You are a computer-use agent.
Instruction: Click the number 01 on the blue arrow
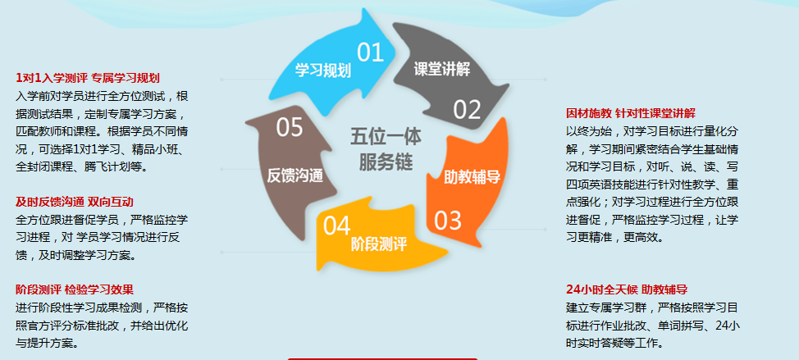point(370,52)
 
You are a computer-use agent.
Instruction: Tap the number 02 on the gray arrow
point(468,110)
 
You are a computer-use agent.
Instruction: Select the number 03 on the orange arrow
point(448,220)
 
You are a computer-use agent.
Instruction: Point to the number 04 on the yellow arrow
point(337,226)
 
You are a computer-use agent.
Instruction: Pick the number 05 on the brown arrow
point(290,127)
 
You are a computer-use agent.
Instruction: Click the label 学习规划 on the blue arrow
point(323,71)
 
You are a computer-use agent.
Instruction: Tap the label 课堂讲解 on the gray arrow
point(442,69)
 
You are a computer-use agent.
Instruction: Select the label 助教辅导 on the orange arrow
point(473,176)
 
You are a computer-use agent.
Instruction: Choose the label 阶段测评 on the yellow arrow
point(379,244)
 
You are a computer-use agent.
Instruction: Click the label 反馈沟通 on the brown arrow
point(295,175)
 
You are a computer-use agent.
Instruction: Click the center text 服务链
point(386,162)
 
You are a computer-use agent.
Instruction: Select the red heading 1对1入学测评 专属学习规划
point(88,78)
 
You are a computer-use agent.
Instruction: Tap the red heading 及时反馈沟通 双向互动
point(75,203)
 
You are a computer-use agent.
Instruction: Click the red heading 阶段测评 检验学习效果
point(75,290)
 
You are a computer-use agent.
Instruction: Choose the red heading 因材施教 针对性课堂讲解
point(631,113)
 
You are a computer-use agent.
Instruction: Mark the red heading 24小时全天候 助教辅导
point(627,289)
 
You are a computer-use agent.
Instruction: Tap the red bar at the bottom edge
point(383,358)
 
